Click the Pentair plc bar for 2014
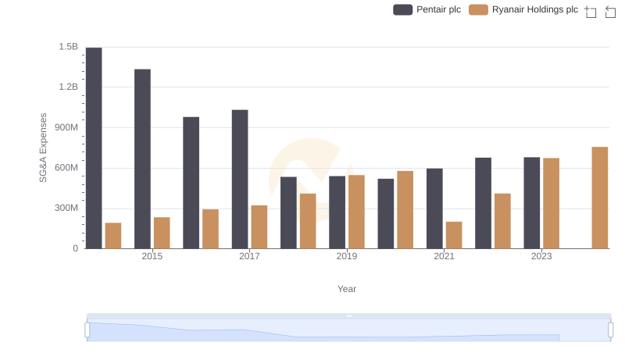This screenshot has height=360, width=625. point(94,148)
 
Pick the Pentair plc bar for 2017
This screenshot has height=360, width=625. point(240,180)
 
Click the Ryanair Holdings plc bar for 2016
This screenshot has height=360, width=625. point(210,229)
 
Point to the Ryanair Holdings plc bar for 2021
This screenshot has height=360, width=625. point(454,235)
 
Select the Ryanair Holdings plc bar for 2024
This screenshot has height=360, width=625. point(600,198)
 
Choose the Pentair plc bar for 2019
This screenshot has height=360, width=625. point(337,212)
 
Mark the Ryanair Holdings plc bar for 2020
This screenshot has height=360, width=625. point(405,210)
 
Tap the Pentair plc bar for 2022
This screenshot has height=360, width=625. point(483,203)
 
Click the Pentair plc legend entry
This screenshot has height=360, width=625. point(427,9)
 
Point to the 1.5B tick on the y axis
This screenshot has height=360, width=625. point(69,47)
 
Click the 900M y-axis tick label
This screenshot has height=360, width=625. point(66,127)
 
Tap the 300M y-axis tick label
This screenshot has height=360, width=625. point(66,209)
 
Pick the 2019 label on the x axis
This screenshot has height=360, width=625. point(347,256)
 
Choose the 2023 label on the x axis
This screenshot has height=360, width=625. point(541,256)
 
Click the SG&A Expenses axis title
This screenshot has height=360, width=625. point(44,148)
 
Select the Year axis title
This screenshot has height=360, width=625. point(347,289)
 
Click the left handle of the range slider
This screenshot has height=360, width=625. point(87,330)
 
